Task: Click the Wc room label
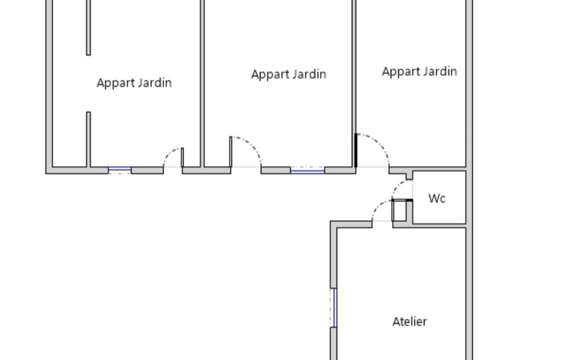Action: tap(437, 198)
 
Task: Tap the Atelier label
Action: tap(410, 321)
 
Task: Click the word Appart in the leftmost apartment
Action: tap(114, 83)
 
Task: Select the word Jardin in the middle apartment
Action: tap(309, 74)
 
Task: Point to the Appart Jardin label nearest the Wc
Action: tap(419, 71)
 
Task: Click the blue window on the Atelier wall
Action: tap(334, 308)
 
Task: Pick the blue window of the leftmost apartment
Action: tap(120, 169)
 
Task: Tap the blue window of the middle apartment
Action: tap(307, 170)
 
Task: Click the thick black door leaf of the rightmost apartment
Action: tap(356, 150)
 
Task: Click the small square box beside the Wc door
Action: tap(399, 210)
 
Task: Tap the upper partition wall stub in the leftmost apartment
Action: tap(89, 28)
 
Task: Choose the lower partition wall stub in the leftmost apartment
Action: tap(89, 140)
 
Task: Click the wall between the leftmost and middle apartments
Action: tap(202, 83)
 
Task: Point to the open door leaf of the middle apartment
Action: tap(231, 152)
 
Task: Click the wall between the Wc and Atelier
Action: tap(429, 225)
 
